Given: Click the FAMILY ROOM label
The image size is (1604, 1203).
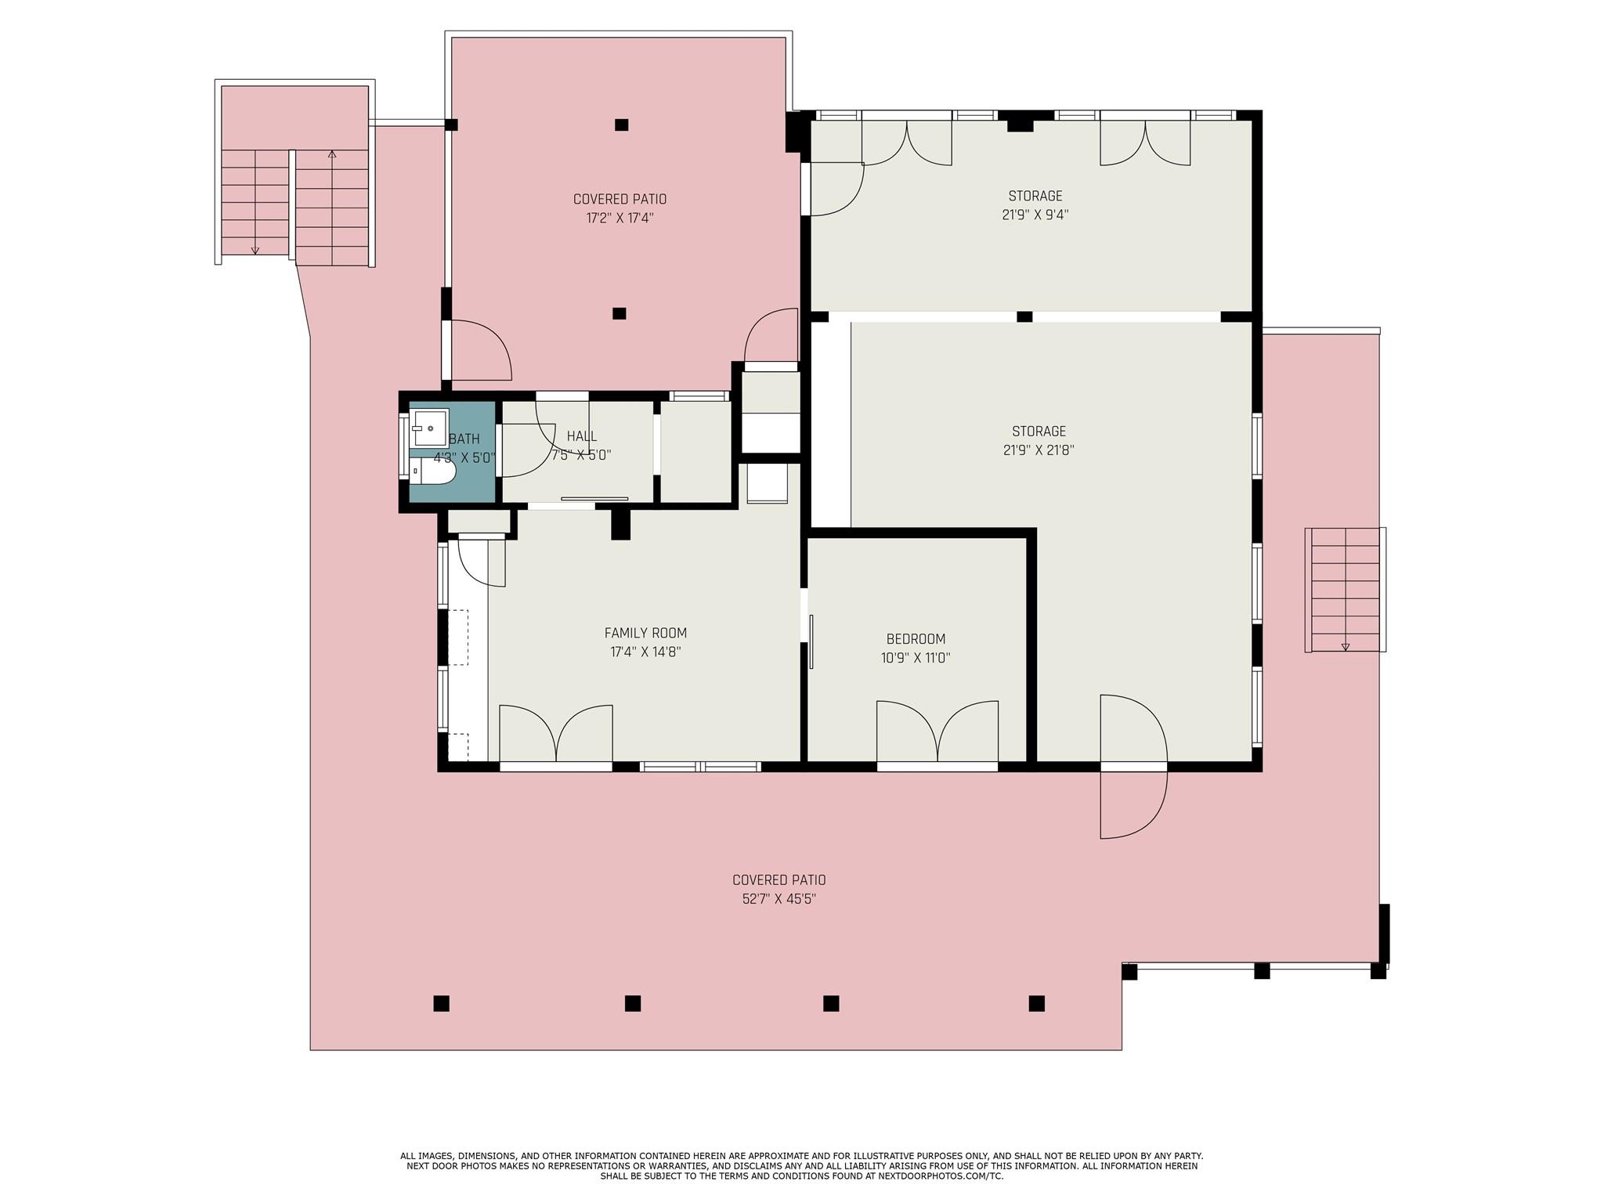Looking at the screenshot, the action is tap(645, 633).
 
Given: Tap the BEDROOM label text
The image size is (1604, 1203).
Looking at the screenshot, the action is tap(916, 639).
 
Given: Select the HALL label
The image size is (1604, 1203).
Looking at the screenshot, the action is tap(582, 436).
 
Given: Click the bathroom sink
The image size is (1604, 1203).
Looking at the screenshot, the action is tap(431, 428).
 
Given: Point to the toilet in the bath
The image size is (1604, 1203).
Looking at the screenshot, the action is tap(434, 471).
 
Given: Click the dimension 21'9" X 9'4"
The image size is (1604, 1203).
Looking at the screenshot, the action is tap(1035, 215).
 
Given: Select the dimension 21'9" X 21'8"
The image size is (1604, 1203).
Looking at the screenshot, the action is tap(1039, 450).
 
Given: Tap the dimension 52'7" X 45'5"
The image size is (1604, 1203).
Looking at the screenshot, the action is tap(779, 899).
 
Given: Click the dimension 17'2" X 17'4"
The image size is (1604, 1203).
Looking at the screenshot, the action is tap(620, 219).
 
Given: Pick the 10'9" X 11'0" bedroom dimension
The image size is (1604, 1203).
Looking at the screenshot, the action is tap(916, 658).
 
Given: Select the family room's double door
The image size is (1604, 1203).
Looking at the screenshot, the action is tap(556, 733).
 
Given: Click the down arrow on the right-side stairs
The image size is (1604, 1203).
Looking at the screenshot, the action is tap(1346, 646).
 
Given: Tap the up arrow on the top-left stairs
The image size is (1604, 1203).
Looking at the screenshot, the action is tap(332, 154).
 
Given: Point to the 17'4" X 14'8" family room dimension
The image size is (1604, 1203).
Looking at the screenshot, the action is tap(645, 652).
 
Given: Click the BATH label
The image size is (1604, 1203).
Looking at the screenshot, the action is tap(464, 439).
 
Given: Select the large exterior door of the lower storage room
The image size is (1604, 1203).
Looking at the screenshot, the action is tap(1134, 767).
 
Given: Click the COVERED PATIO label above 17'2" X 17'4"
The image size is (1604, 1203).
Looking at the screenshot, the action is tap(620, 200).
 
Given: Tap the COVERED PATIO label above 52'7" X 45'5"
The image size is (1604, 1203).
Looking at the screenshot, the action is tap(779, 880).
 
